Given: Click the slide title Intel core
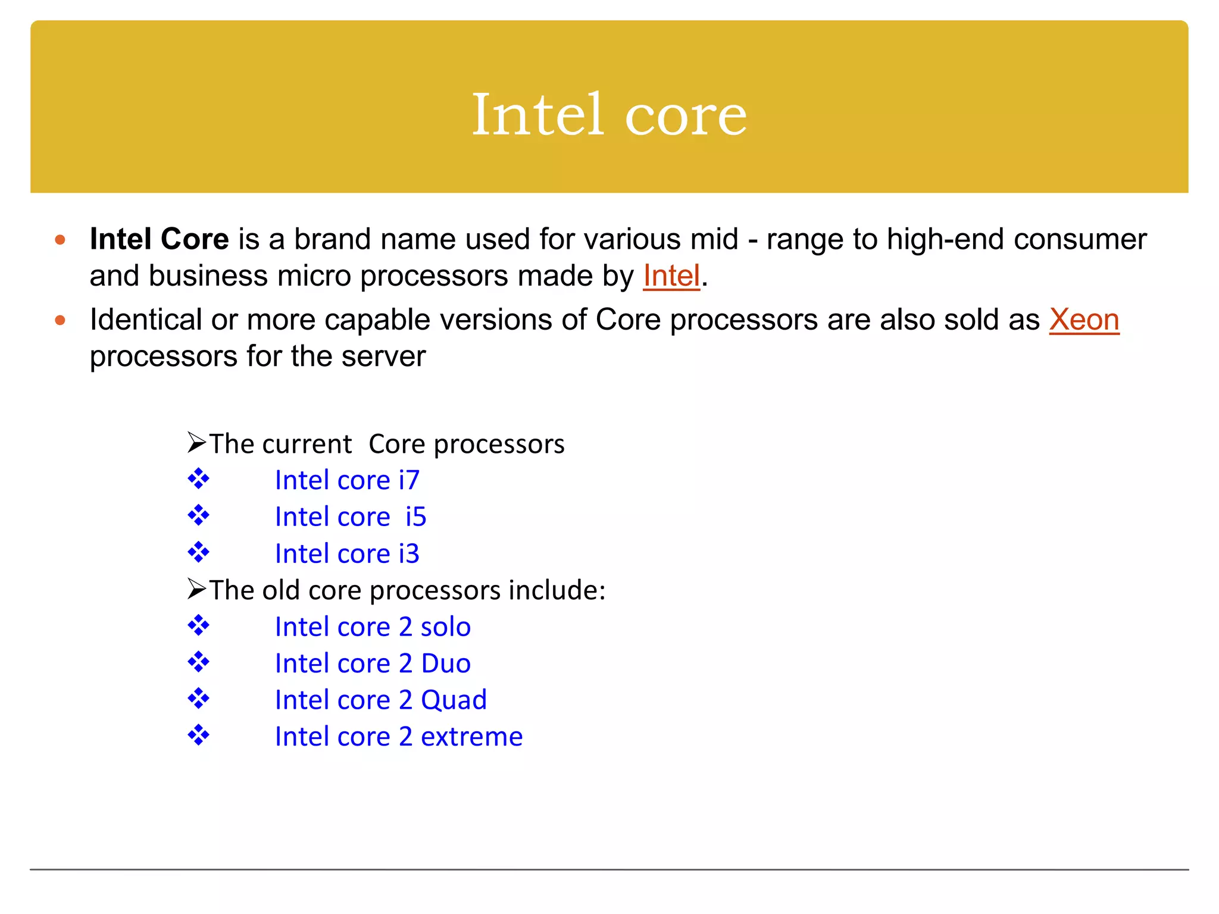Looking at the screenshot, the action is pos(609,114).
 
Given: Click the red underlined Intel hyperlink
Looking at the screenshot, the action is pos(671,276).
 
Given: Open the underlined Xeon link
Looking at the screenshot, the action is pos(1084,320).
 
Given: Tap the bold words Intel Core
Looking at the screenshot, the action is pos(159,239).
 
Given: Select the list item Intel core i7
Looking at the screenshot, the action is pos(347,480).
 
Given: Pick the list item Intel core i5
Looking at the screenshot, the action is pos(351,517).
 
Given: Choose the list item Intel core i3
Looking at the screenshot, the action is pos(347,554).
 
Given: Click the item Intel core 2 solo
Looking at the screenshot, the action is pos(373,627).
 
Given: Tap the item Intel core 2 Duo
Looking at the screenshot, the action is pos(373,663).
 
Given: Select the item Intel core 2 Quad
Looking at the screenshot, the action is pos(380,700).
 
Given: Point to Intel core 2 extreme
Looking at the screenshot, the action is pos(399,737).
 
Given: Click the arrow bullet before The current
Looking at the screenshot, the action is pos(196,443).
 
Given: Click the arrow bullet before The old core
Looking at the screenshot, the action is pos(196,589).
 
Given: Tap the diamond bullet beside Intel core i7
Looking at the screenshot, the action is pos(198,478).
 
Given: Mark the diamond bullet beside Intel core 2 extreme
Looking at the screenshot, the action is pos(198,735).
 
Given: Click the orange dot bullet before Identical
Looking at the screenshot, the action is pos(60,321).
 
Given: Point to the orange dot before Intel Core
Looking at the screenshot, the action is pos(60,240).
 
